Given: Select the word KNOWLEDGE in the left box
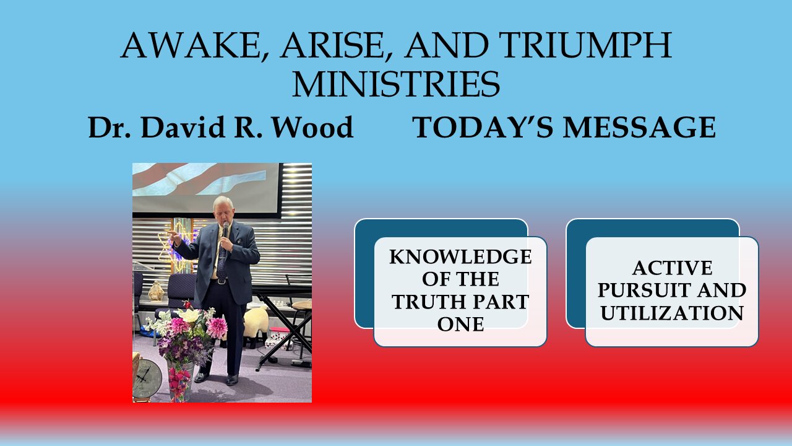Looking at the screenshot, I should (x=460, y=257).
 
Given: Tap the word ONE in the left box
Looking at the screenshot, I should (x=460, y=324).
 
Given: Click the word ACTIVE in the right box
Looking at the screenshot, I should (x=672, y=268).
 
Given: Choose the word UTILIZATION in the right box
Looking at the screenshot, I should (x=672, y=313).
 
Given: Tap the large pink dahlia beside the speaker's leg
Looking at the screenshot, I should (x=216, y=328).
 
